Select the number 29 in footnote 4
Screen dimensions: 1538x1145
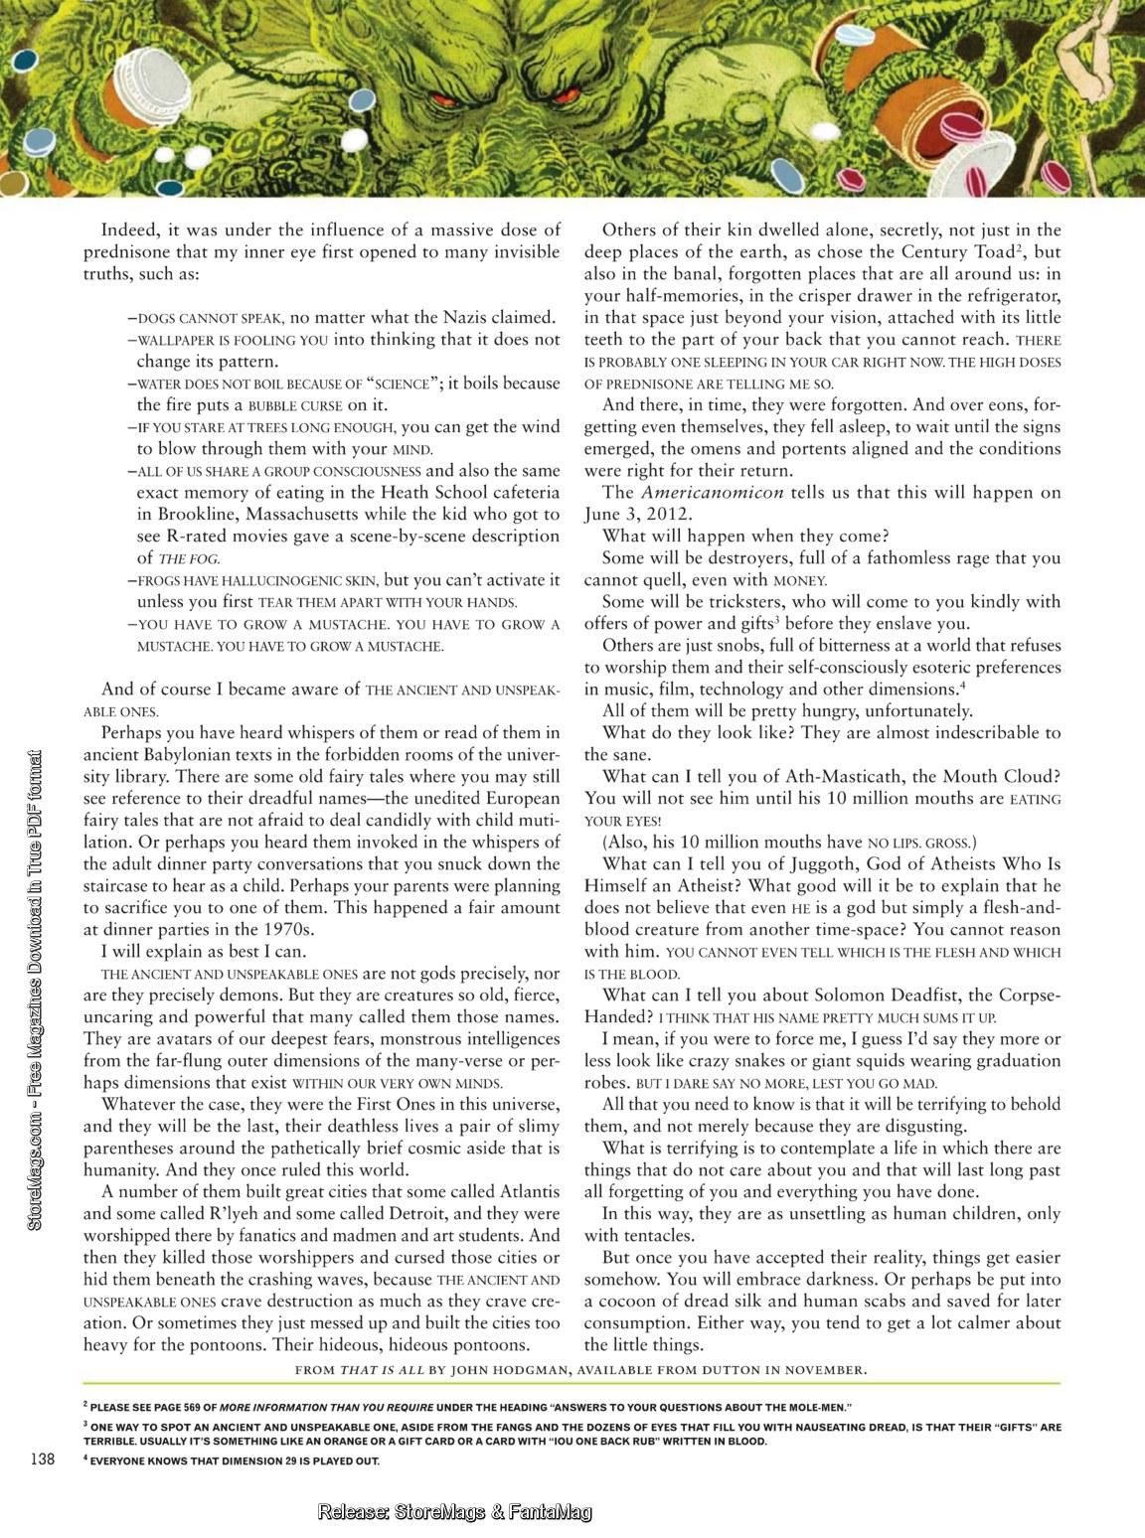[266, 1461]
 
